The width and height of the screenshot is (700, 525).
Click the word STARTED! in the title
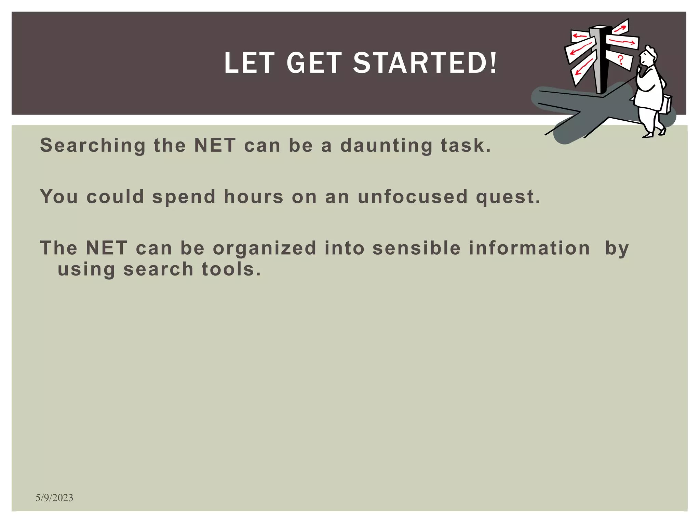click(425, 63)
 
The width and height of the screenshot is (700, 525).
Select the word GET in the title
click(314, 63)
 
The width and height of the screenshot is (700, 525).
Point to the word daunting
click(386, 146)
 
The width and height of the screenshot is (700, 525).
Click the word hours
click(253, 197)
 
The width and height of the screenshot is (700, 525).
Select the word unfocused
click(413, 197)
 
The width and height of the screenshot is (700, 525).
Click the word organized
click(265, 248)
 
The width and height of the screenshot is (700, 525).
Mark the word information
click(529, 248)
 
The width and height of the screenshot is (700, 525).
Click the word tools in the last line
click(231, 269)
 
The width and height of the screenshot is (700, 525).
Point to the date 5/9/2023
click(54, 498)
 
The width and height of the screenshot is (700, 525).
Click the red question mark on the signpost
click(621, 60)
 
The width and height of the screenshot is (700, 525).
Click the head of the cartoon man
click(648, 56)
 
